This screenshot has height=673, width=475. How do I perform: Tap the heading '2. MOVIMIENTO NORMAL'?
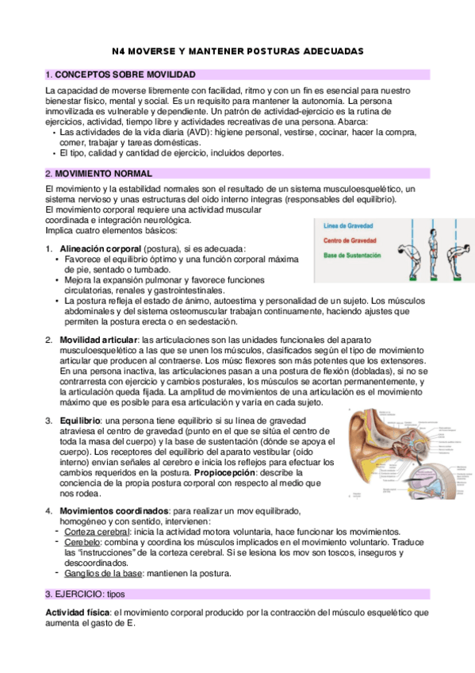tap(99, 173)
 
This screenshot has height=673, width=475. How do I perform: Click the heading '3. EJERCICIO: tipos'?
tap(86, 571)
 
